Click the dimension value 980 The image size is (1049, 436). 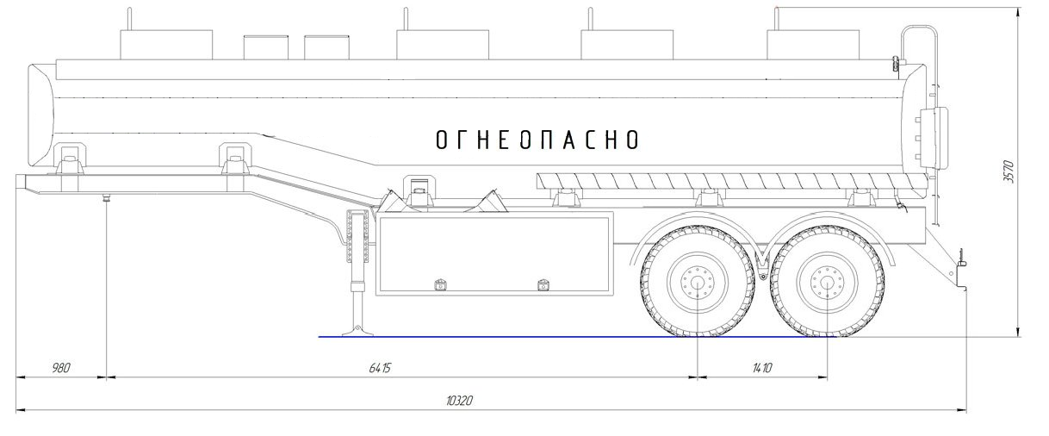pyautogui.click(x=61, y=368)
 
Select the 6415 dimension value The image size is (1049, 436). pyautogui.click(x=380, y=368)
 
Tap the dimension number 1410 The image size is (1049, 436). pyautogui.click(x=762, y=368)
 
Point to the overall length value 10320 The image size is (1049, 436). pyautogui.click(x=459, y=401)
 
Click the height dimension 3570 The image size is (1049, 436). pyautogui.click(x=1009, y=171)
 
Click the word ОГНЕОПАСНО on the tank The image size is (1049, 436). pyautogui.click(x=537, y=140)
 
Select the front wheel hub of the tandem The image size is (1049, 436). pyautogui.click(x=698, y=283)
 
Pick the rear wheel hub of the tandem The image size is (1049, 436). pyautogui.click(x=828, y=283)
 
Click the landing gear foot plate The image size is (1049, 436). pyautogui.click(x=357, y=332)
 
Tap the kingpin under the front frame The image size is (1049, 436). pyautogui.click(x=107, y=197)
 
